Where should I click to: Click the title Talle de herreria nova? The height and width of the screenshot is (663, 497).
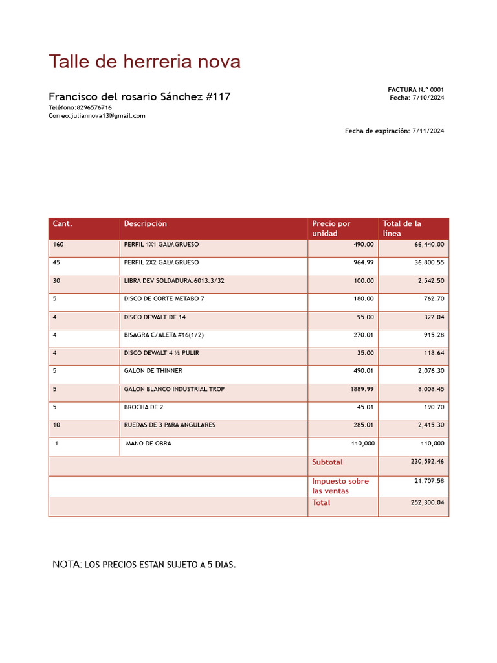[x=144, y=62]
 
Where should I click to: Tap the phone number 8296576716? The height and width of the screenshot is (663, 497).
[x=94, y=107]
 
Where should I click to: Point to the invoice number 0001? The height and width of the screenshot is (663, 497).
[x=437, y=90]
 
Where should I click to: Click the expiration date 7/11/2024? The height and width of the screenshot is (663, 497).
[x=428, y=131]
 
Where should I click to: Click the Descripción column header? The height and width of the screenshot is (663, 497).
[x=146, y=224]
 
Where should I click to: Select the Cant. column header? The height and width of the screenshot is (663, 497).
[x=63, y=224]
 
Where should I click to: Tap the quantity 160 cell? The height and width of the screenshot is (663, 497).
[x=59, y=245]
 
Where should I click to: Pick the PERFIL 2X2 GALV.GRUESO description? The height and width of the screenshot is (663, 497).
[x=162, y=263]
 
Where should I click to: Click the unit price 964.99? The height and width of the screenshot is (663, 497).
[x=362, y=263]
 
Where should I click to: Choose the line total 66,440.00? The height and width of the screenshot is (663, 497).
[x=429, y=245]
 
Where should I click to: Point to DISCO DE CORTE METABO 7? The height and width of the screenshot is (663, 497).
[x=164, y=299]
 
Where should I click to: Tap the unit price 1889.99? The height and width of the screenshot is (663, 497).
[x=360, y=390]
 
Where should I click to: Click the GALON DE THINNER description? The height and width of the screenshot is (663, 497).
[x=153, y=372]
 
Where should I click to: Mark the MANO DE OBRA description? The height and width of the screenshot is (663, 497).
[x=149, y=444]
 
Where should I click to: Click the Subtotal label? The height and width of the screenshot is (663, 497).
[x=327, y=462]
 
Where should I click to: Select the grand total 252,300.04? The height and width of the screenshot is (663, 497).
[x=428, y=502]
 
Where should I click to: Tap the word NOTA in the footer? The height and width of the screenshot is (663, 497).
[x=66, y=565]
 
